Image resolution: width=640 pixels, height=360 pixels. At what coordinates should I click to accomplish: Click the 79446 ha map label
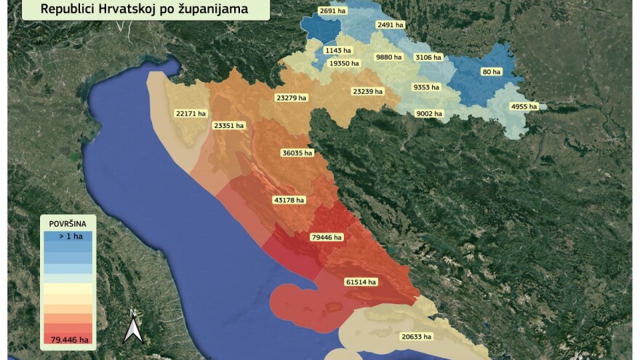tap(327, 237)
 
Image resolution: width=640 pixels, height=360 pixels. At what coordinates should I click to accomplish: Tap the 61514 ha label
tap(361, 282)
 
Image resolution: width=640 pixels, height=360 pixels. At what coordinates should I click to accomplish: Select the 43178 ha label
tap(289, 200)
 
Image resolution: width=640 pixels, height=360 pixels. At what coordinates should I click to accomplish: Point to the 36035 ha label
tap(297, 153)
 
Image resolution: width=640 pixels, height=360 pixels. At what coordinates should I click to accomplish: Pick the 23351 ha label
tap(229, 126)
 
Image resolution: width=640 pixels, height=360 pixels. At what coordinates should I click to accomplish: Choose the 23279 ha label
tap(292, 97)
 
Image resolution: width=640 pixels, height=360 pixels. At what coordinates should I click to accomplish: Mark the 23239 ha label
tap(367, 92)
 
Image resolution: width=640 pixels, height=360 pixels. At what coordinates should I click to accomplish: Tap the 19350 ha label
tap(344, 64)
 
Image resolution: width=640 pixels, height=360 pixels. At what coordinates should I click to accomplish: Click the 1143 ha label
tap(338, 51)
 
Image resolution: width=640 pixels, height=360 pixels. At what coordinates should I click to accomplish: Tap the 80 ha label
tap(492, 72)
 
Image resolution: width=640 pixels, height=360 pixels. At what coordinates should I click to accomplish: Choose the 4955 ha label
tap(524, 107)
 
